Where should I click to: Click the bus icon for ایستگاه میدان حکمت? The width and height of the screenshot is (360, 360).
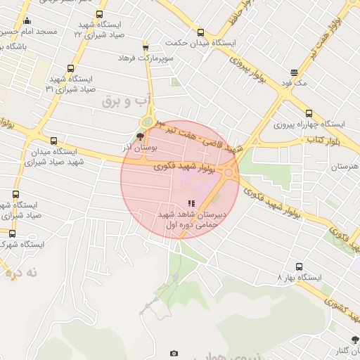[200, 32]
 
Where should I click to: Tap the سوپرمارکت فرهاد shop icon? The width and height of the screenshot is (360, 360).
[146, 47]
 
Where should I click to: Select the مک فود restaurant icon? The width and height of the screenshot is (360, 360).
[293, 72]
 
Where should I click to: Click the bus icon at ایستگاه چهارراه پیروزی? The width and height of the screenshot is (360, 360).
[309, 113]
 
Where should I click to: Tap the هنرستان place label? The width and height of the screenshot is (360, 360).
[344, 167]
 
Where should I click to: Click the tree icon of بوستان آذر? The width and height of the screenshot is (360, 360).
[140, 136]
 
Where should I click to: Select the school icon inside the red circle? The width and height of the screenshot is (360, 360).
[191, 203]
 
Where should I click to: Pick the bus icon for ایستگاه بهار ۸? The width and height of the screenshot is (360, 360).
[300, 267]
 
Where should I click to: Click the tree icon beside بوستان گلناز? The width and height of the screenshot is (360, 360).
[356, 341]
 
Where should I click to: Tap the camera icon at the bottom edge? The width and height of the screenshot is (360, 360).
[174, 353]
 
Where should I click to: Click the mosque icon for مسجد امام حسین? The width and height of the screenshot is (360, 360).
[27, 20]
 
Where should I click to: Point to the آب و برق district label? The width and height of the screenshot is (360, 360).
[127, 103]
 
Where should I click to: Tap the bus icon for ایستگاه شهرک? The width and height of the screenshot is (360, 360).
[12, 233]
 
